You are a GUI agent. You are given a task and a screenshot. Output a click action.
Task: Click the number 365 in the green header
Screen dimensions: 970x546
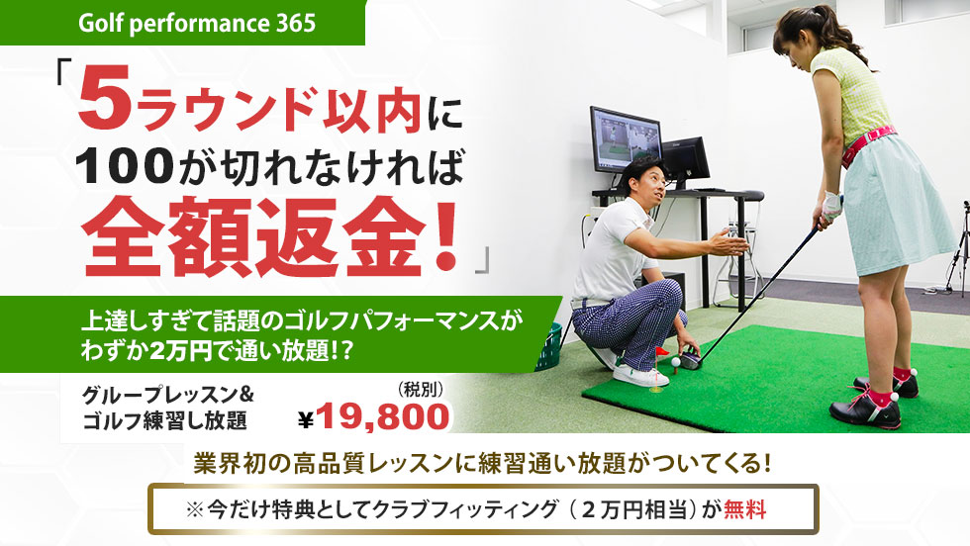[296, 23]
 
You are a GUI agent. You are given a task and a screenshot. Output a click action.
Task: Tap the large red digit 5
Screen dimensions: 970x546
[105, 102]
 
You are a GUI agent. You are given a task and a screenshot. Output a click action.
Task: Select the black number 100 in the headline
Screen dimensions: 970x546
[125, 166]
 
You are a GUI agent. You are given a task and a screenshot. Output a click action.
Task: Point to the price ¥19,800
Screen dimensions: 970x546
[374, 416]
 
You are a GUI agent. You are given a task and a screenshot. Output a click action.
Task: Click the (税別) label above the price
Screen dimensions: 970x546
[421, 389]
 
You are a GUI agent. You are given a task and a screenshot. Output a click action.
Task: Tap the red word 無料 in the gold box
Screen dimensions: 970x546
[744, 510]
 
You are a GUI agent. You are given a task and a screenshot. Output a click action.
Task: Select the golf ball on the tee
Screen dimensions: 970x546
[676, 361]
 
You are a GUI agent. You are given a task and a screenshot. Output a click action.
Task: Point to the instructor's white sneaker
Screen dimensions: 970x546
[639, 375]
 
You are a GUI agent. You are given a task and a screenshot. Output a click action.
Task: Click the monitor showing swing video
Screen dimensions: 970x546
[626, 139]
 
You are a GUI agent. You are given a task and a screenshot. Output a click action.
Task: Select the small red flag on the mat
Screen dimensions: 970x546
[661, 352]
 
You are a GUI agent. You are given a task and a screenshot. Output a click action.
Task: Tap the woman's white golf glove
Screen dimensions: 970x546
[830, 208]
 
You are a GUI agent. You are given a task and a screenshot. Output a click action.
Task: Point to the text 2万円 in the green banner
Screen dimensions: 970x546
[180, 350]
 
